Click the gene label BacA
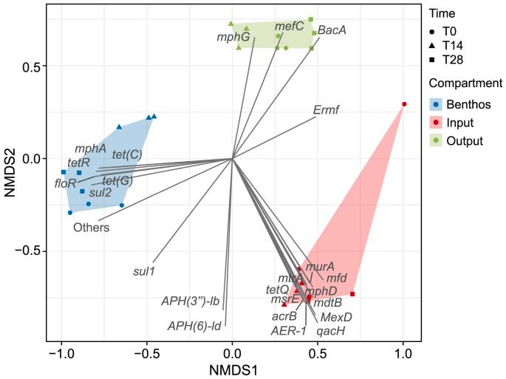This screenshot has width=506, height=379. (x=332, y=30)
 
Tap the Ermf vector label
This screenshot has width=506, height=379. (x=326, y=110)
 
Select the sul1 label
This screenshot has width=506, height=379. (x=144, y=271)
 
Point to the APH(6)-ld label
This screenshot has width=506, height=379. (x=195, y=325)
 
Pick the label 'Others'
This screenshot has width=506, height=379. (x=91, y=228)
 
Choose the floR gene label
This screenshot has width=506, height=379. (x=66, y=182)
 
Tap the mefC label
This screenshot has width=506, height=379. (x=289, y=26)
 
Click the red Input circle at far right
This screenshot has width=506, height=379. (x=404, y=104)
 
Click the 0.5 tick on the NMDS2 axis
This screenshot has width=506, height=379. (x=27, y=66)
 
